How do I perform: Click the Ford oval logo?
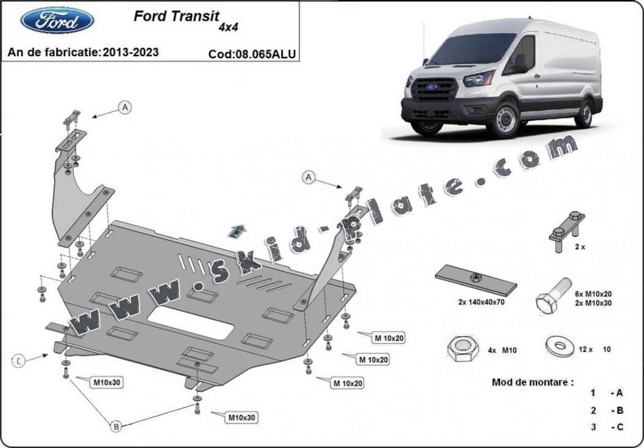click(58, 21)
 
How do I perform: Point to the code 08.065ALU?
click(252, 54)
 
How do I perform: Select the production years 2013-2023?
click(131, 52)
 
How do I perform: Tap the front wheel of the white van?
click(506, 120)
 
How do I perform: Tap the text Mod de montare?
click(533, 383)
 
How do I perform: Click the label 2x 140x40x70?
click(481, 302)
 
